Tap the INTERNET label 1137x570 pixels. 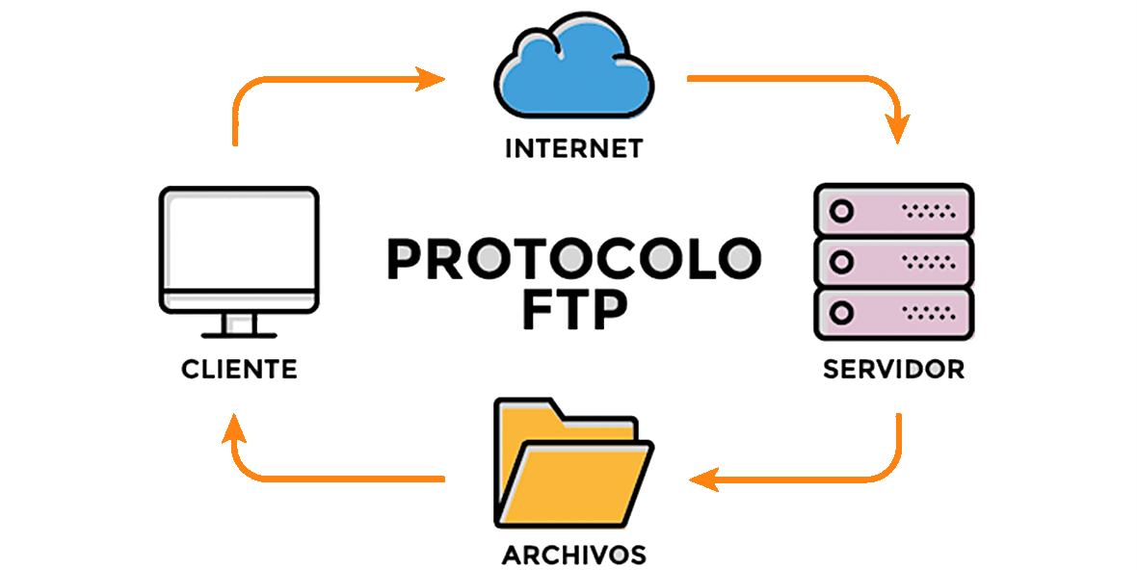click(x=573, y=148)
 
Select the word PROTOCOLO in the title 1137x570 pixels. click(x=574, y=259)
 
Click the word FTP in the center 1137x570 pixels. click(x=574, y=309)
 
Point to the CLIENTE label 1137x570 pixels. click(x=239, y=369)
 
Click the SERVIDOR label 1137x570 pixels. click(x=893, y=369)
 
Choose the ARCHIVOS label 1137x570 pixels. click(x=573, y=555)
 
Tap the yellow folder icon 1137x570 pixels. click(x=573, y=462)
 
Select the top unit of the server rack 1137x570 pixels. click(x=893, y=211)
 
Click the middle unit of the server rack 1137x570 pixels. click(x=893, y=262)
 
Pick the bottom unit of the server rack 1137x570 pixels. click(x=893, y=314)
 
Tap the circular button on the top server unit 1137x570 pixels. click(x=841, y=212)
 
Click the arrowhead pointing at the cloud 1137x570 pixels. click(x=430, y=78)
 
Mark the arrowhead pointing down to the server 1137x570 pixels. click(x=898, y=128)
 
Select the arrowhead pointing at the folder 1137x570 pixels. click(x=703, y=479)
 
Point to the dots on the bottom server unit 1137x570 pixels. click(x=929, y=313)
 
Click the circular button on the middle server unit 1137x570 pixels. click(x=841, y=262)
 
